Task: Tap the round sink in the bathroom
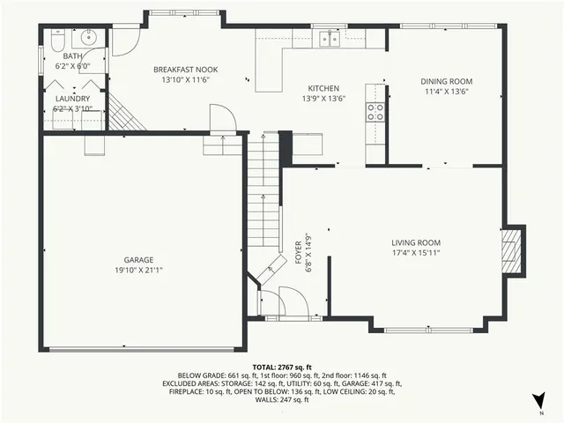click(x=88, y=39)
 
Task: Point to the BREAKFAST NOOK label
click(x=185, y=70)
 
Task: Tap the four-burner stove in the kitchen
click(x=375, y=111)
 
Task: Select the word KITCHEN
click(x=323, y=88)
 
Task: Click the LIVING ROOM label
click(x=416, y=242)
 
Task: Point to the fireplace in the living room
click(x=510, y=250)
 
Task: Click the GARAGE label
click(x=138, y=259)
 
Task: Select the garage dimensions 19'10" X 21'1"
click(x=138, y=270)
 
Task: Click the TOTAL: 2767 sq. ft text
click(x=282, y=366)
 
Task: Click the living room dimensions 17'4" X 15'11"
click(x=416, y=253)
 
